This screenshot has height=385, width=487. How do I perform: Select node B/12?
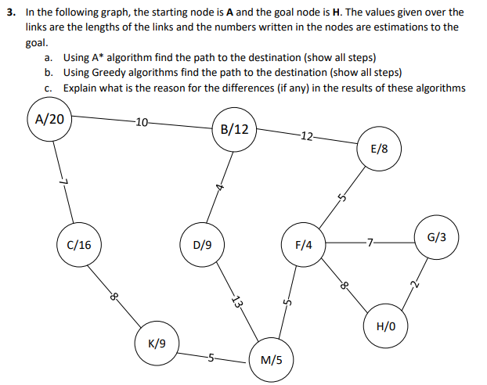pyautogui.click(x=235, y=129)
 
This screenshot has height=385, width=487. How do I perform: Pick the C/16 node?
pyautogui.click(x=79, y=245)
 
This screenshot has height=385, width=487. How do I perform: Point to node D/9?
pyautogui.click(x=202, y=245)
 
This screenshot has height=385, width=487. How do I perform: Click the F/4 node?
pyautogui.click(x=304, y=245)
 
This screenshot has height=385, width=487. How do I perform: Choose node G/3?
pyautogui.click(x=437, y=236)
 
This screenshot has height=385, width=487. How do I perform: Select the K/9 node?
pyautogui.click(x=157, y=343)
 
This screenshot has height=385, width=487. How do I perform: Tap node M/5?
pyautogui.click(x=271, y=361)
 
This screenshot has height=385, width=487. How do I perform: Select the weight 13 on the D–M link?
pyautogui.click(x=236, y=302)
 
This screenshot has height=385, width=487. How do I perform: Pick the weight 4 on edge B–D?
pyautogui.click(x=221, y=187)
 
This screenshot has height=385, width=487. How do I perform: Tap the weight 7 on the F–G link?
pyautogui.click(x=370, y=241)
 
